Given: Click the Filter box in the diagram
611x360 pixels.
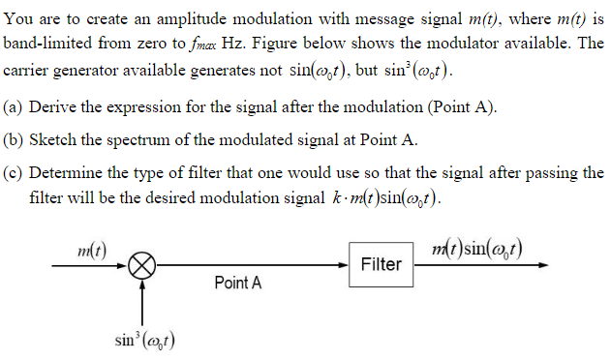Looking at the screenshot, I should tap(381, 264).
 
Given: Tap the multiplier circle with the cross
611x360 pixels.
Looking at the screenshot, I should tap(143, 264).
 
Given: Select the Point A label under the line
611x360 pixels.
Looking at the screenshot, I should tap(237, 284).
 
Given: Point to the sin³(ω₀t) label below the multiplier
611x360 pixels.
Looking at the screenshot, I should tap(144, 340).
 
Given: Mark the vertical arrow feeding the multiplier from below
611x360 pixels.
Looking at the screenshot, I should tap(143, 300).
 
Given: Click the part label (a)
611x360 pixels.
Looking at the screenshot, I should tap(15, 106).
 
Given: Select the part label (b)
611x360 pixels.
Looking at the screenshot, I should tap(15, 139).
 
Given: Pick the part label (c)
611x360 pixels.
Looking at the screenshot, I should tap(15, 172).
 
